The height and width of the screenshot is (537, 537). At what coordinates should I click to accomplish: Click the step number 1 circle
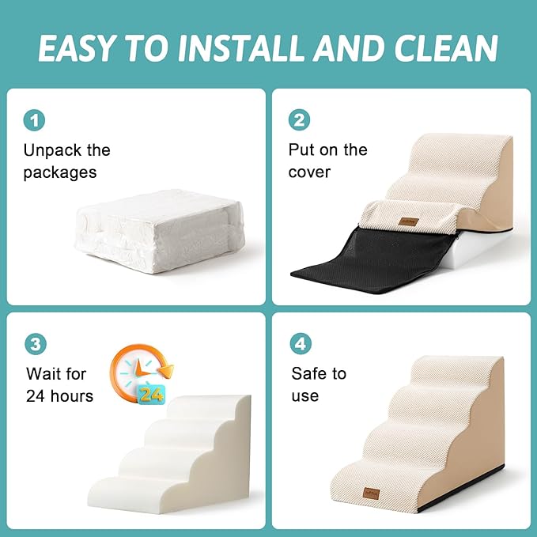pyautogui.click(x=34, y=120)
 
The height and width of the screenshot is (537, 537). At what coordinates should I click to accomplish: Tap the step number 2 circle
pyautogui.click(x=300, y=120)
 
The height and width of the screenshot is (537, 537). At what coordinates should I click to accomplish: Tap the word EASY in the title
pyautogui.click(x=75, y=48)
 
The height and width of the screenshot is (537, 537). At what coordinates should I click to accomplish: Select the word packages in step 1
pyautogui.click(x=59, y=172)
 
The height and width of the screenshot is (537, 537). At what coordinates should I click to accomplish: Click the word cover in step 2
pyautogui.click(x=309, y=172)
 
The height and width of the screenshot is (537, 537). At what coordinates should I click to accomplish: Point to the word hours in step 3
pyautogui.click(x=70, y=395)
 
